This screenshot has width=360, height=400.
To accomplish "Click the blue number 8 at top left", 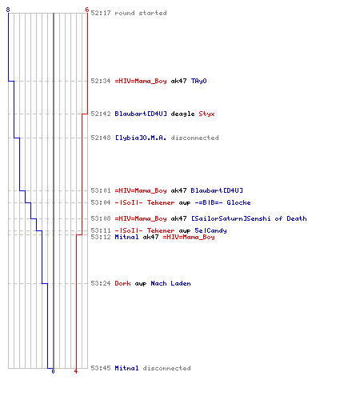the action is coord(8,10).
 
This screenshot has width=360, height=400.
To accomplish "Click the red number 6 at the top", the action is coord(87,10).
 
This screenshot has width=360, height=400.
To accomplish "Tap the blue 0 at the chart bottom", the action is coord(53,371).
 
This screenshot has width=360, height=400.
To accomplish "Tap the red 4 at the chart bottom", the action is coord(76,371).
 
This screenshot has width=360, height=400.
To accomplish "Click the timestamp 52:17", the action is coord(101,13).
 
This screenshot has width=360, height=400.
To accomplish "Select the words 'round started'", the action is coord(141,13).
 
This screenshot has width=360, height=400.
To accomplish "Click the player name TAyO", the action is coord(199,81).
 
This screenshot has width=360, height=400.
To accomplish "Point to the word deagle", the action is coord(182,114).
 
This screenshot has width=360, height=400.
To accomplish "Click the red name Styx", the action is coord(206,114).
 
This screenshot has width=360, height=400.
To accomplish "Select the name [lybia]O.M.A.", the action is coord(141,138).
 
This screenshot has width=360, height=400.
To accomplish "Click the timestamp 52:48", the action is coord(101,138).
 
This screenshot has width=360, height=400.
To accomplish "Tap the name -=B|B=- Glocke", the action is coord(222,202).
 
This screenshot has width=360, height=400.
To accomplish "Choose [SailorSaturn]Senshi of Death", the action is coord(249,218).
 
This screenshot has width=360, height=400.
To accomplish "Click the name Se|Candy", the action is coord(210,230).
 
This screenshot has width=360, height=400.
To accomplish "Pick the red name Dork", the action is coord(122,283).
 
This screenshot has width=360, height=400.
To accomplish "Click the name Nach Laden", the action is coord(170,283).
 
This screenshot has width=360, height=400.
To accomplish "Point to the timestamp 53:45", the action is coord(101,368).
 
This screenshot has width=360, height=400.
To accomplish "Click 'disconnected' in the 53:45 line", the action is coord(166,368).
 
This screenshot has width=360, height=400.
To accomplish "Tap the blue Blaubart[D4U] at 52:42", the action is coord(141,114).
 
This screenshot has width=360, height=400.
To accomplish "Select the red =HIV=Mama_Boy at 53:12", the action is coord(189,238).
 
